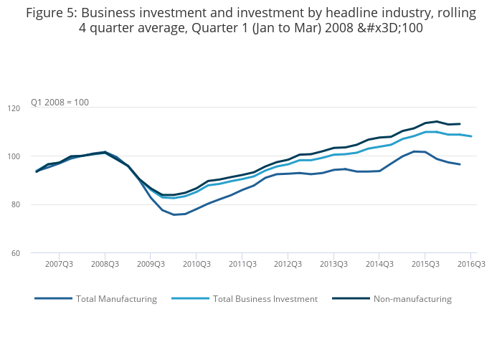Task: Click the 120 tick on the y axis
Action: pyautogui.click(x=34, y=108)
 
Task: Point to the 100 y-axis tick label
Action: pyautogui.click(x=34, y=156)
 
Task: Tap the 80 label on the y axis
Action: pyautogui.click(x=35, y=205)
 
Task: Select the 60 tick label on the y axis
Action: pyautogui.click(x=35, y=253)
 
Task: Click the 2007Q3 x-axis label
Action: pyautogui.click(x=60, y=265)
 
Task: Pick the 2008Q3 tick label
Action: pyautogui.click(x=105, y=265)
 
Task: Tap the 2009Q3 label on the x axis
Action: pyautogui.click(x=151, y=265)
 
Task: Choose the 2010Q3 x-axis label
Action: pyautogui.click(x=196, y=265)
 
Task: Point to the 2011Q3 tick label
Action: pyautogui.click(x=242, y=265)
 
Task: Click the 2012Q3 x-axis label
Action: pyautogui.click(x=288, y=265)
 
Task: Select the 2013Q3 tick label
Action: pyautogui.click(x=333, y=265)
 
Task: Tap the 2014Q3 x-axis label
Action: pyautogui.click(x=379, y=265)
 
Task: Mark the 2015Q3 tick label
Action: pyautogui.click(x=425, y=265)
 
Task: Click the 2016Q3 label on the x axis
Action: pyautogui.click(x=470, y=265)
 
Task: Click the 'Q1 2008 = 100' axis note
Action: pyautogui.click(x=60, y=103)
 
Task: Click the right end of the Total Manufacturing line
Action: pyautogui.click(x=460, y=164)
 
